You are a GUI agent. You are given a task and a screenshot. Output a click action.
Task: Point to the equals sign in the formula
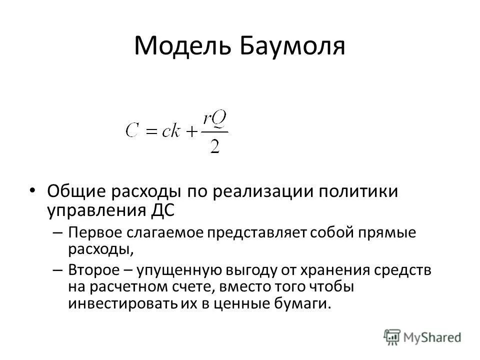point(151,132)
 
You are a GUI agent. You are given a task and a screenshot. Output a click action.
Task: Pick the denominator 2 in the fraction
point(215,147)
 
